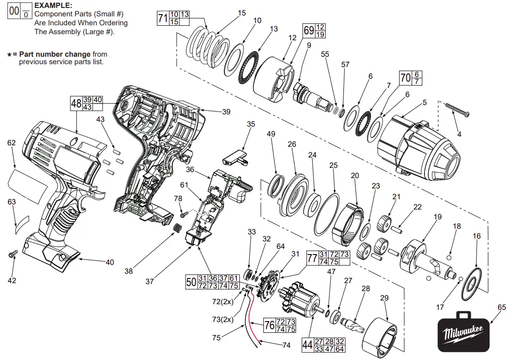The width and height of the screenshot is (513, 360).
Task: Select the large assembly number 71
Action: click(x=163, y=19)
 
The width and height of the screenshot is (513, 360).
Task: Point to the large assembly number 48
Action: click(x=76, y=103)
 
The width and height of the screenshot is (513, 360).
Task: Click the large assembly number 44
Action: click(x=307, y=345)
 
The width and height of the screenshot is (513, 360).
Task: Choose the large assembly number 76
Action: click(x=269, y=325)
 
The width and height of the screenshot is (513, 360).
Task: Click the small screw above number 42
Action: click(x=12, y=255)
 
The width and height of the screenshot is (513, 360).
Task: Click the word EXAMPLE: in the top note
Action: click(x=53, y=6)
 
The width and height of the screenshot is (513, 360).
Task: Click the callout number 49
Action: click(x=271, y=135)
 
